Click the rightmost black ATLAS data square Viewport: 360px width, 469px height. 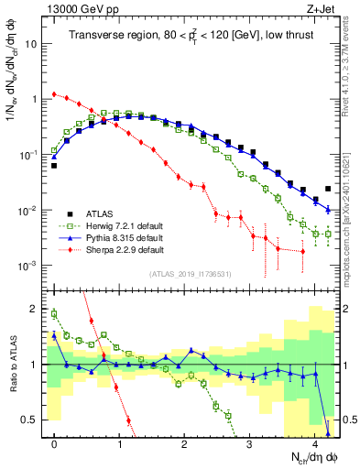pos(328,189)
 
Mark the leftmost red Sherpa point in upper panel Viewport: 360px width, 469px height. pos(55,93)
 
